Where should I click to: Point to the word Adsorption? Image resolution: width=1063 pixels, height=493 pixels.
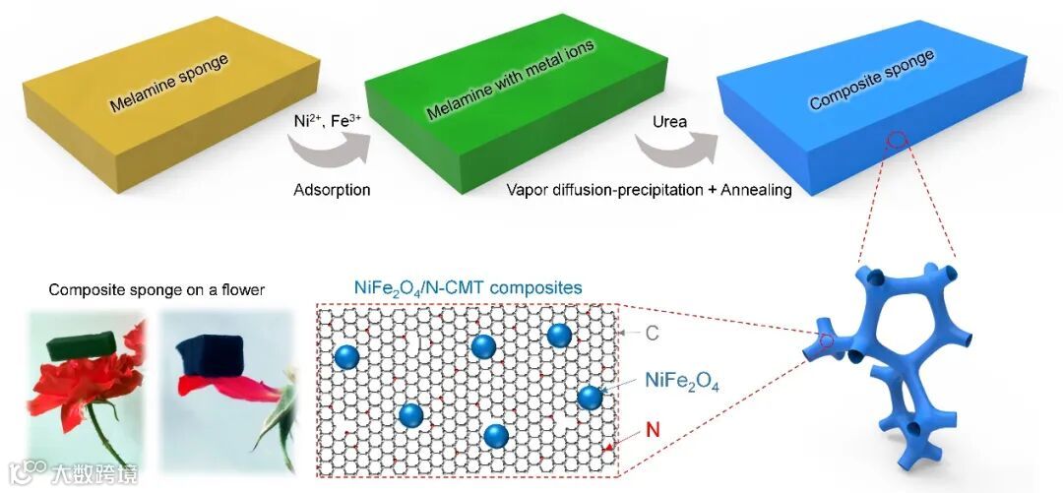click(332, 190)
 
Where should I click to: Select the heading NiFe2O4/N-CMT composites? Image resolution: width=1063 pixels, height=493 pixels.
click(468, 288)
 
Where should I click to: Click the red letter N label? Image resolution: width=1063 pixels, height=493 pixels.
click(650, 430)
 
